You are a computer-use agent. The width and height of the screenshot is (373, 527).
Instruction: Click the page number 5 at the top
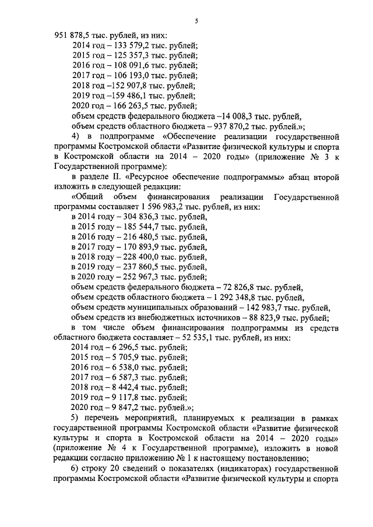(x=196, y=21)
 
